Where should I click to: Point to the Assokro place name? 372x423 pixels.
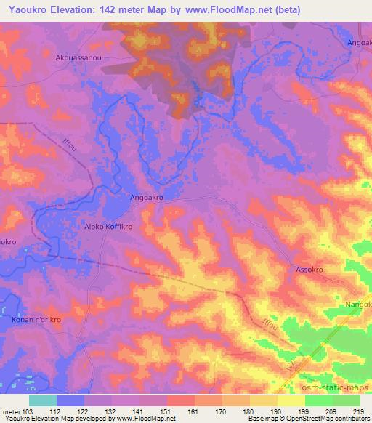[309, 269]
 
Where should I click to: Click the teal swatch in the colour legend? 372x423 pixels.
[43, 400]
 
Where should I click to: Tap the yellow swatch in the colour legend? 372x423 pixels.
[291, 400]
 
